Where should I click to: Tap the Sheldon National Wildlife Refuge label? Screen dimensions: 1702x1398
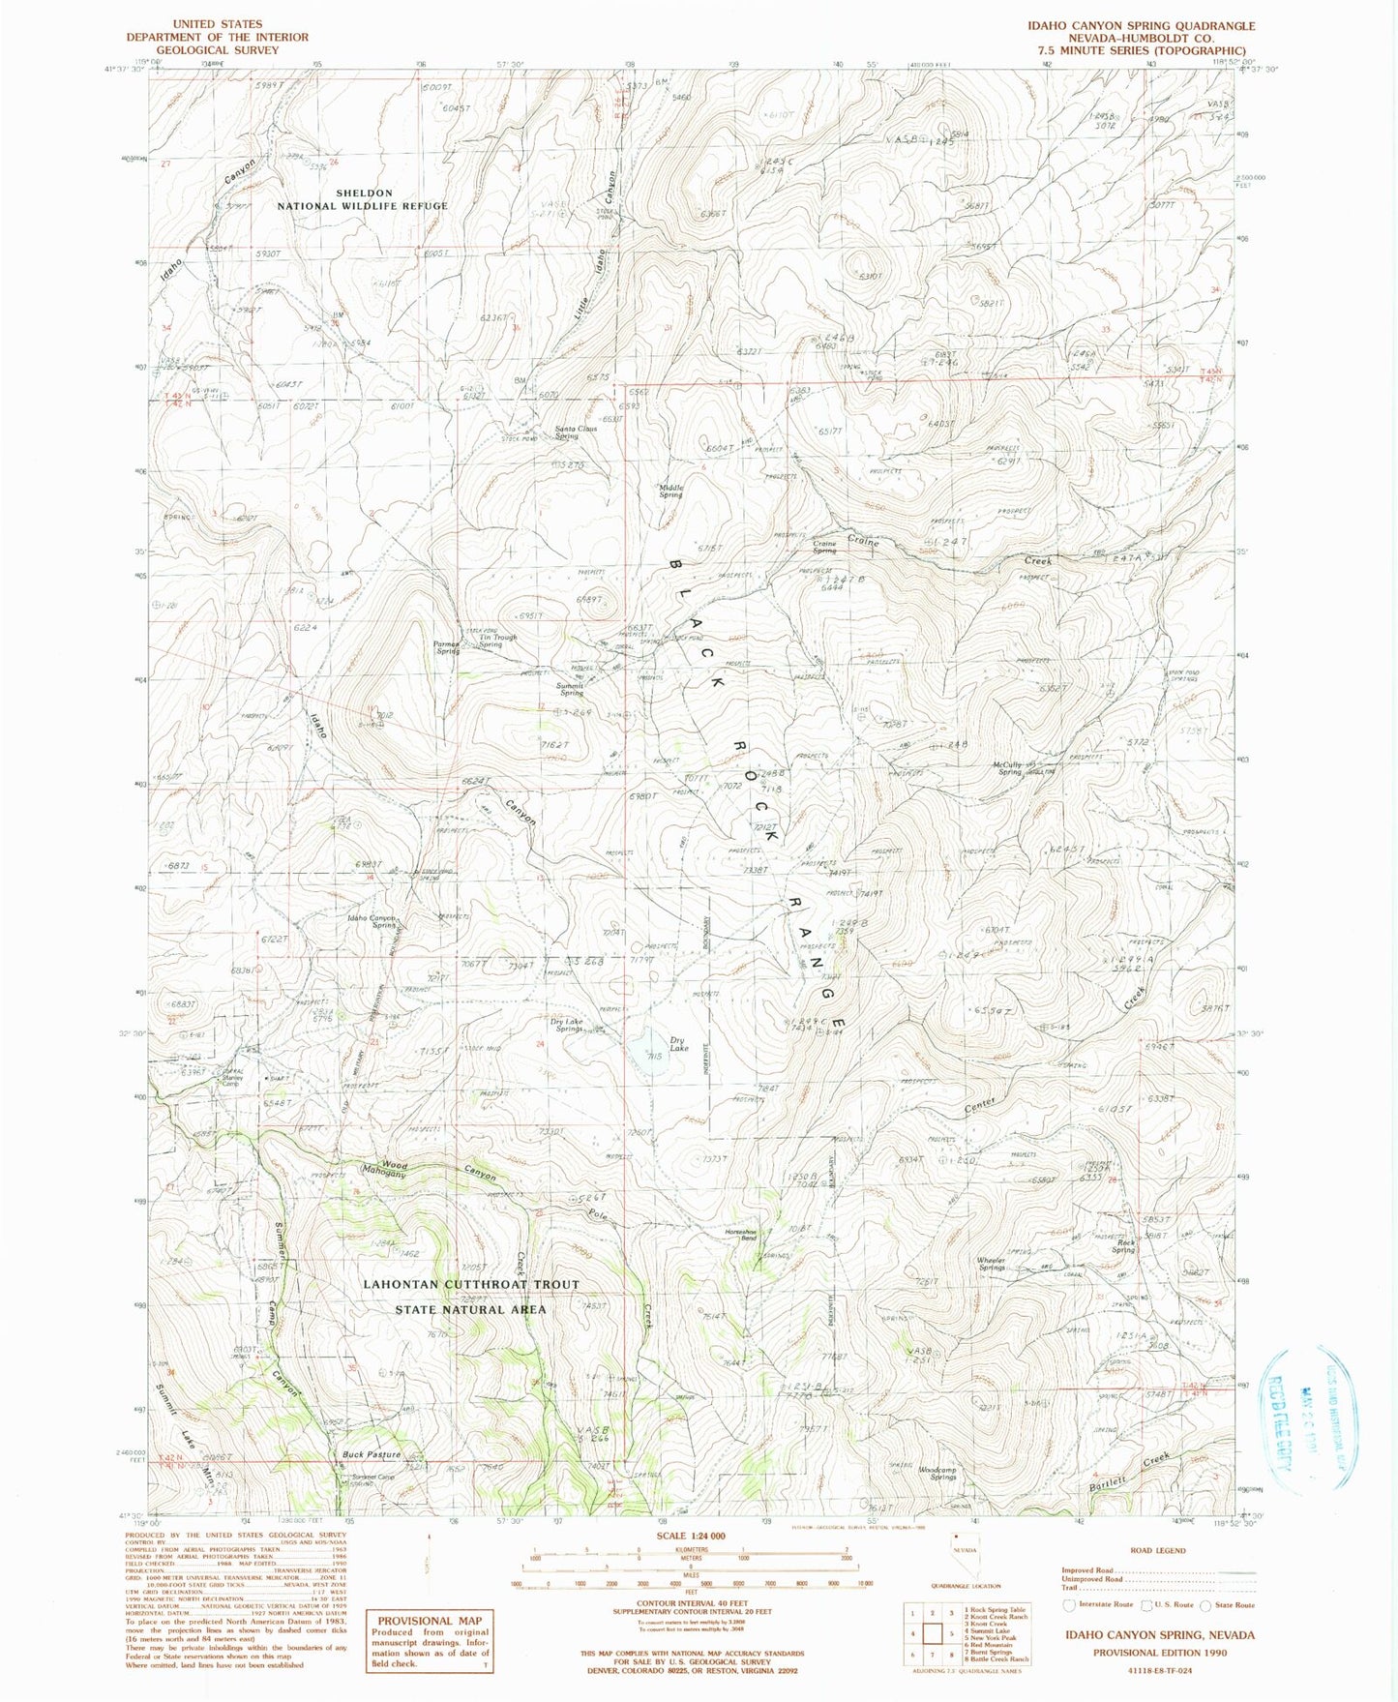(x=363, y=199)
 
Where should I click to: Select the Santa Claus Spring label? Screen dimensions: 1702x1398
(x=575, y=432)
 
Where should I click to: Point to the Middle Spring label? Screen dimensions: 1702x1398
(x=671, y=491)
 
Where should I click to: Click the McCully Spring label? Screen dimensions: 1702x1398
(x=1007, y=768)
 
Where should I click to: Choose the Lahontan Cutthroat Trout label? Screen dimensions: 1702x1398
(x=470, y=1284)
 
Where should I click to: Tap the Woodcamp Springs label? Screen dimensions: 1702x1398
(x=937, y=1473)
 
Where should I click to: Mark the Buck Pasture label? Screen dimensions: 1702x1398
(x=371, y=1454)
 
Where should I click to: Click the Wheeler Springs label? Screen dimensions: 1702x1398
(x=991, y=1264)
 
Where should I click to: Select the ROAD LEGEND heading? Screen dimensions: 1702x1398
(x=1157, y=1549)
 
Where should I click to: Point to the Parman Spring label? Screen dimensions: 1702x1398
(x=447, y=647)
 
